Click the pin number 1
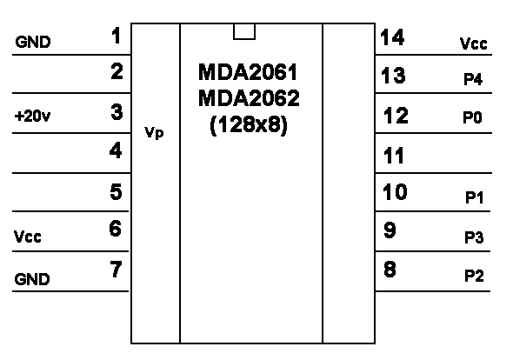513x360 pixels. point(117,36)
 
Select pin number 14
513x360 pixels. point(393,37)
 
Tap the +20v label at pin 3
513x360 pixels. point(32,116)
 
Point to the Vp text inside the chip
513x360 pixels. point(154,133)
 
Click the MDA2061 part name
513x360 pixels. point(248,72)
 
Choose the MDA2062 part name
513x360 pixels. point(249,98)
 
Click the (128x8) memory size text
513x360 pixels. point(249,124)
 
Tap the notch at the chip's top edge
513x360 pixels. point(244,31)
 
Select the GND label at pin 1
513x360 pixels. point(33,42)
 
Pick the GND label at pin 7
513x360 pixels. point(32,279)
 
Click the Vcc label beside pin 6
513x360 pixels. point(28,237)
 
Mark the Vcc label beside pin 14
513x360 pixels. point(473,43)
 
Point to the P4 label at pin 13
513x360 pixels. point(473,79)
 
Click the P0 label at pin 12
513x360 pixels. point(472,117)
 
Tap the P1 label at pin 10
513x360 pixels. point(474,197)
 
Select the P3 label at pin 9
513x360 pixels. point(474,237)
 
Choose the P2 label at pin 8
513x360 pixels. point(474,276)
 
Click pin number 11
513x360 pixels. point(394,156)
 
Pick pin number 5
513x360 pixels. point(117,192)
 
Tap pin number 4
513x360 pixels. point(116,150)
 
